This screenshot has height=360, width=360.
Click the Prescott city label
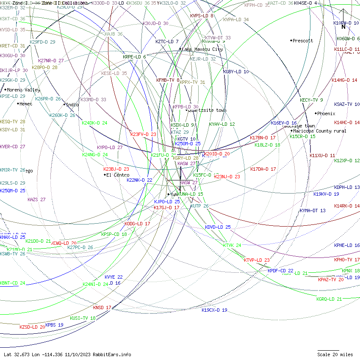click(303, 41)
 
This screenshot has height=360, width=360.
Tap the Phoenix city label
click(327, 114)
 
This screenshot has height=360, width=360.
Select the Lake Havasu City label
click(202, 49)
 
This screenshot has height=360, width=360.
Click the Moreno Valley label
click(24, 90)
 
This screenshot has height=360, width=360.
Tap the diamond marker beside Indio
click(64, 105)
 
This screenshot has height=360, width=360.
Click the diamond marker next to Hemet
click(18, 104)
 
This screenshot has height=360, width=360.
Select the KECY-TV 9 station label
click(311, 100)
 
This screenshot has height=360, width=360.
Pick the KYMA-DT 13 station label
click(313, 210)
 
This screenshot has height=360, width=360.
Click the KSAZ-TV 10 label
click(346, 104)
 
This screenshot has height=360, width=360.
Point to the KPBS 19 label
click(54, 325)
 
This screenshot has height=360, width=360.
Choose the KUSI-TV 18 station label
click(83, 318)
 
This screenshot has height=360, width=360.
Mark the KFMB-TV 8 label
click(168, 80)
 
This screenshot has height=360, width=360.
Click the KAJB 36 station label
click(114, 34)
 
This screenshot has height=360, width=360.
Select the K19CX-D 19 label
click(214, 310)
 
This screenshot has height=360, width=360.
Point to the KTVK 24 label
click(232, 245)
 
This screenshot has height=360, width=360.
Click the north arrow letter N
click(343, 27)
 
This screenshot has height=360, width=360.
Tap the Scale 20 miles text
click(335, 354)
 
